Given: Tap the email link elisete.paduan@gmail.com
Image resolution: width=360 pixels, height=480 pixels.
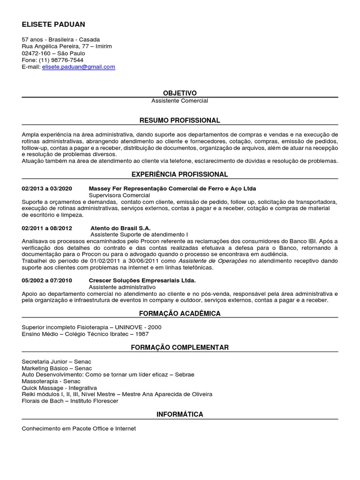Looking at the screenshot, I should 78,67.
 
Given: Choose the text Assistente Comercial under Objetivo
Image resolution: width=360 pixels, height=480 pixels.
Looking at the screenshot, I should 180,101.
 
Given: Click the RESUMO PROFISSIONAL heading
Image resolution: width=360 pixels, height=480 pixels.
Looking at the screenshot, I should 180,120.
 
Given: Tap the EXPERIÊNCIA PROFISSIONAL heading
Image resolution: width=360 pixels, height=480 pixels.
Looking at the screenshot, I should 180,174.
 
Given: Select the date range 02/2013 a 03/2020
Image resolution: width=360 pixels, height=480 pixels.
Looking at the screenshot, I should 47,188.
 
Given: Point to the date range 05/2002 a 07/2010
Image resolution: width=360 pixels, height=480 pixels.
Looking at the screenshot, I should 47,280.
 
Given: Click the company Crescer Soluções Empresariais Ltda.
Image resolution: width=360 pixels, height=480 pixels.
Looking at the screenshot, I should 142,280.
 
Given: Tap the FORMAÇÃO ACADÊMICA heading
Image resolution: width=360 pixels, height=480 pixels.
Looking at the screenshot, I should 180,313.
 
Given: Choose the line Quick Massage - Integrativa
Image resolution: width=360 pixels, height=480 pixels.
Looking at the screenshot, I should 59,388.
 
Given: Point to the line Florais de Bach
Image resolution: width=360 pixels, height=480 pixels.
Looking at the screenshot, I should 70,401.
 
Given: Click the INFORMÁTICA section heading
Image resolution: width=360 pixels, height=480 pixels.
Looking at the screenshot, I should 180,414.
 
